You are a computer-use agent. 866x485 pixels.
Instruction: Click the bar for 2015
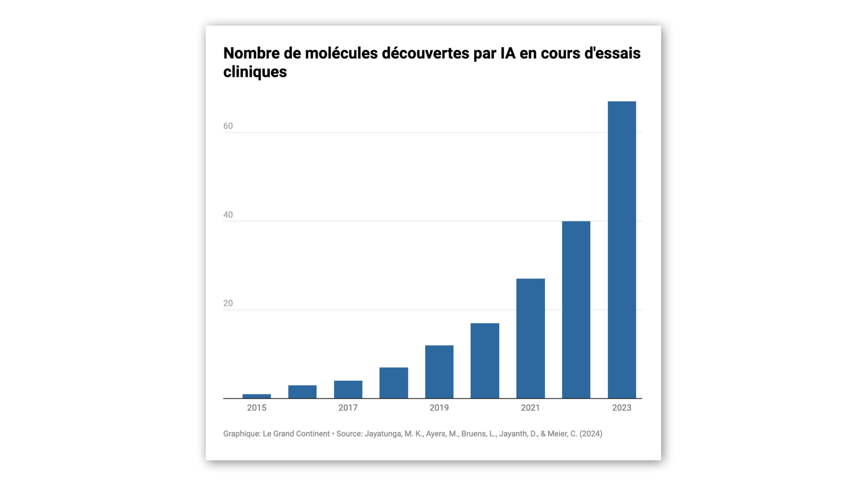(257, 396)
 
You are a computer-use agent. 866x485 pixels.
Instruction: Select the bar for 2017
(348, 389)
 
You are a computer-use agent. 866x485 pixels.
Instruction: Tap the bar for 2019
(439, 372)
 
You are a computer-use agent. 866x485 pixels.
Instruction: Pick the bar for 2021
(530, 338)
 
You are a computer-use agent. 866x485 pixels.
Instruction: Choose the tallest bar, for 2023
(621, 250)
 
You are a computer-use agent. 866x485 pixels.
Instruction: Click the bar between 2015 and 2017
(302, 392)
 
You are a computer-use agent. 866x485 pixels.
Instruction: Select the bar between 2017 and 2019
(393, 383)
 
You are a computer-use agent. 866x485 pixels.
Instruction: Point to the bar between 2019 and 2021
(484, 361)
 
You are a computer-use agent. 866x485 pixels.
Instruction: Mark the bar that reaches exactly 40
(576, 310)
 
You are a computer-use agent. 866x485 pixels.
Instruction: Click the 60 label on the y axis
(228, 126)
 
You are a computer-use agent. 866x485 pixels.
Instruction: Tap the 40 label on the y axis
(228, 215)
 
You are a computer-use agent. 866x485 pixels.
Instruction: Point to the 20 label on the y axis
(228, 303)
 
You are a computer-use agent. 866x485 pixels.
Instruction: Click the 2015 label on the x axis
(257, 408)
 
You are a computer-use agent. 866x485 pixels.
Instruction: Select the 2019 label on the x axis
(439, 408)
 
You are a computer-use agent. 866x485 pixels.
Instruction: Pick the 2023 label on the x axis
(621, 408)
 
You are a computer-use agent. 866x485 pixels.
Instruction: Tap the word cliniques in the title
(255, 72)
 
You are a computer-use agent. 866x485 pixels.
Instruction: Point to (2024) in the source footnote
(591, 434)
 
